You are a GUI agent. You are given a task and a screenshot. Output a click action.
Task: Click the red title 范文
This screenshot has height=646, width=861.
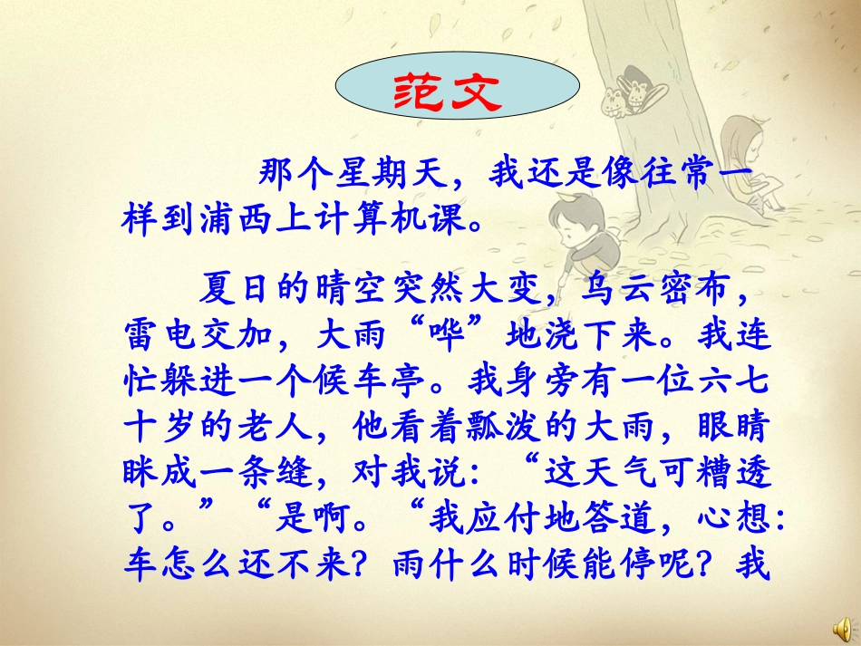458,90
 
